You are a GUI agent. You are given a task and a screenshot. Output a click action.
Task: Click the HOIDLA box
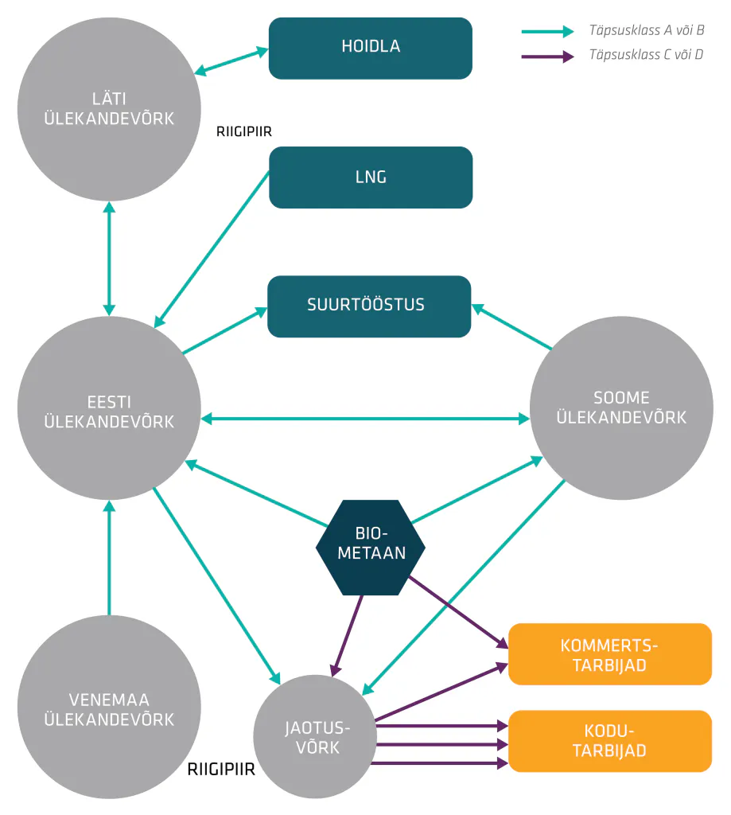(x=371, y=49)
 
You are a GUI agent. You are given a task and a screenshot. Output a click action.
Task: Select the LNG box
(x=371, y=177)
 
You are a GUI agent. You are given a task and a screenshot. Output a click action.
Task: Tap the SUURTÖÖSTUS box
(x=369, y=306)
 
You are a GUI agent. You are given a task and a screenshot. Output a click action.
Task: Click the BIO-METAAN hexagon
(x=371, y=548)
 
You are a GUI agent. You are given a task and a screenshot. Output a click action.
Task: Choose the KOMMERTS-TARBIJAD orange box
(x=610, y=654)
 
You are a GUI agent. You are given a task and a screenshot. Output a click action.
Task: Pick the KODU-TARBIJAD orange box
(x=610, y=741)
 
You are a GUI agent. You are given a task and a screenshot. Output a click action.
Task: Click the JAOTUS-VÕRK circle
(x=315, y=736)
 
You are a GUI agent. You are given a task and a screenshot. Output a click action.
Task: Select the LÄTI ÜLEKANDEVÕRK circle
(x=109, y=109)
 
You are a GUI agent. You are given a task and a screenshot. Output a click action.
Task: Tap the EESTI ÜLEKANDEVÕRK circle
(x=109, y=408)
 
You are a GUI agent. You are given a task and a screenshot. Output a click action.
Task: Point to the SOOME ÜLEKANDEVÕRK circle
(x=621, y=408)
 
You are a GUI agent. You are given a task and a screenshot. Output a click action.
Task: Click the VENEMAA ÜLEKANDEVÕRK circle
(x=109, y=707)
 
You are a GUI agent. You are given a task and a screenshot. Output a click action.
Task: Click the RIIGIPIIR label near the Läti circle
(x=244, y=131)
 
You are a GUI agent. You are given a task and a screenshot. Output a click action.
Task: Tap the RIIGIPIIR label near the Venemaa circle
(x=221, y=770)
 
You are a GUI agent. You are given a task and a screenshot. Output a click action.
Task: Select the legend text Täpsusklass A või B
(x=647, y=30)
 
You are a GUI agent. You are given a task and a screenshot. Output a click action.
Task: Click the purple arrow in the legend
(x=547, y=57)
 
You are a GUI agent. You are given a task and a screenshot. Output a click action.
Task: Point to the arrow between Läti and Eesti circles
(x=109, y=259)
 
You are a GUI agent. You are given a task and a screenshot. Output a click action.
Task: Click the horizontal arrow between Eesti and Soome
(x=365, y=419)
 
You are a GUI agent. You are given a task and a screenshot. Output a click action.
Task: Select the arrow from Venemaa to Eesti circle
(x=109, y=557)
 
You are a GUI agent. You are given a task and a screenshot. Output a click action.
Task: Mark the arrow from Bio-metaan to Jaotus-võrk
(x=348, y=636)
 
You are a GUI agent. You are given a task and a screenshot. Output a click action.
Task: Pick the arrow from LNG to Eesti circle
(x=212, y=249)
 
